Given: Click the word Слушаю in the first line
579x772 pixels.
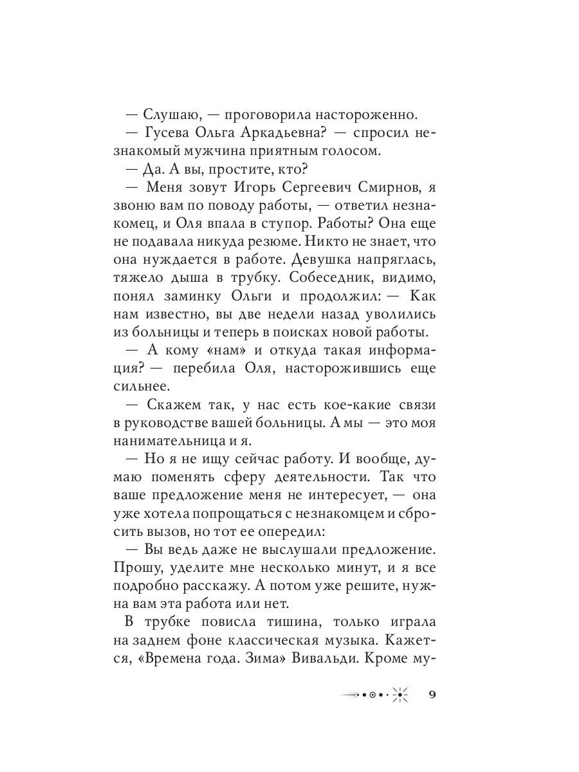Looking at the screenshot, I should [168, 115].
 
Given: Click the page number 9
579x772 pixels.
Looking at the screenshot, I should [432, 695].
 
